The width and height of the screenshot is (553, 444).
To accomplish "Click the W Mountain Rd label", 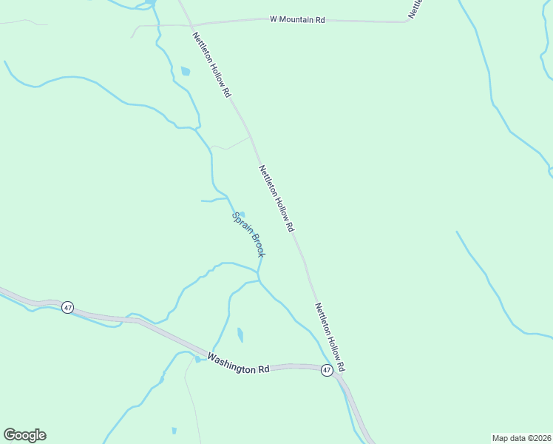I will click(297, 19).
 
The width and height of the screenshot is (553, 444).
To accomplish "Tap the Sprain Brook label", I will click(249, 235).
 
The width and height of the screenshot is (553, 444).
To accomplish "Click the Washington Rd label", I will click(238, 363).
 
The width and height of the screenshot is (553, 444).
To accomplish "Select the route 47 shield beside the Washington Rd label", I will click(327, 370).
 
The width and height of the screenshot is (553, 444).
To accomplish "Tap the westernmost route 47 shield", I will click(67, 307).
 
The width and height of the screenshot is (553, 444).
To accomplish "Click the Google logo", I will click(24, 435).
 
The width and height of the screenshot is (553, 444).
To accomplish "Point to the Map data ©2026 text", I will click(521, 437).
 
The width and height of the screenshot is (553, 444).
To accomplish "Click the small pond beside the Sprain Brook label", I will click(241, 215).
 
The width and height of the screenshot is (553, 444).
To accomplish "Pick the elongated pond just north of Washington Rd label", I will click(240, 334).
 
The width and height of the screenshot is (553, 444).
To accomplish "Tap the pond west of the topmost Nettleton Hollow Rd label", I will click(185, 72).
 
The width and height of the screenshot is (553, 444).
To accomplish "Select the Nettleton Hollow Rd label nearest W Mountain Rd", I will click(212, 65).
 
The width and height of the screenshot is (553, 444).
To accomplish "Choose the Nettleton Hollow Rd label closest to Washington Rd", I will click(330, 337).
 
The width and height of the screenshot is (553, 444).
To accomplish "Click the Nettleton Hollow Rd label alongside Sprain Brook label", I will click(276, 198).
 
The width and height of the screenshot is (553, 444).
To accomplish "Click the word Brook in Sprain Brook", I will click(256, 246).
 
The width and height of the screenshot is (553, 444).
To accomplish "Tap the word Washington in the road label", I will click(230, 362).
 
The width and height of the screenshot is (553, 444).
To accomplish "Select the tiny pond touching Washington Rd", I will click(197, 360).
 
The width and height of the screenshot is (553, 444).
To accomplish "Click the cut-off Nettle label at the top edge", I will click(416, 8).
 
